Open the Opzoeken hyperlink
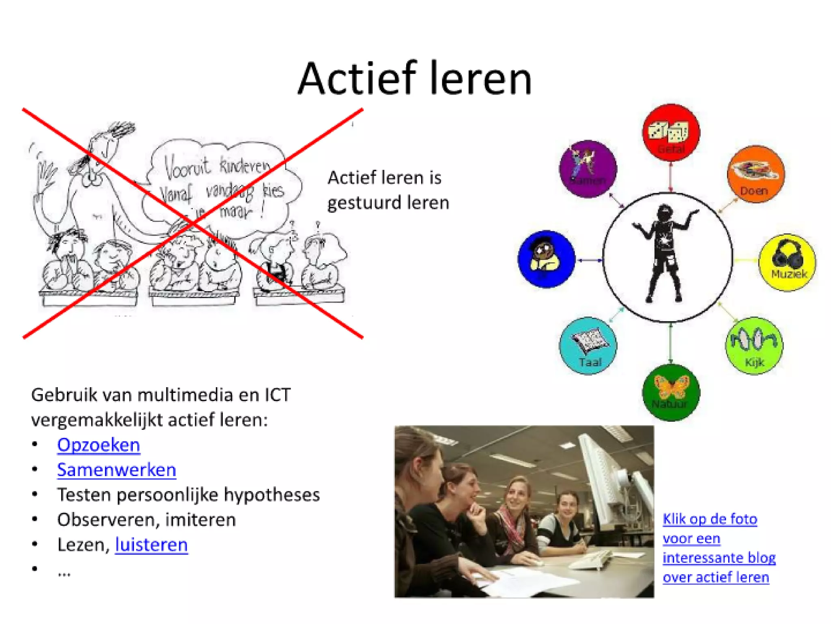pyautogui.click(x=99, y=445)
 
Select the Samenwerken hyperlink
pyautogui.click(x=116, y=470)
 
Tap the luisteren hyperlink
pyautogui.click(x=151, y=545)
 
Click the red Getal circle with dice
pyautogui.click(x=671, y=132)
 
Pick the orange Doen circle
pyautogui.click(x=756, y=174)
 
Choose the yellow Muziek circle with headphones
pyautogui.click(x=787, y=262)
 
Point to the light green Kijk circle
pyautogui.click(x=754, y=345)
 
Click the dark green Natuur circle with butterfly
pyautogui.click(x=671, y=392)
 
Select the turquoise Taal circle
pyautogui.click(x=588, y=346)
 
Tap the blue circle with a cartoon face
pyautogui.click(x=546, y=259)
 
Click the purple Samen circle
pyautogui.click(x=588, y=169)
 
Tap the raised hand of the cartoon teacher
pyautogui.click(x=45, y=175)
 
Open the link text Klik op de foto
pyautogui.click(x=710, y=519)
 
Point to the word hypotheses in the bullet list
pyautogui.click(x=271, y=495)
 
